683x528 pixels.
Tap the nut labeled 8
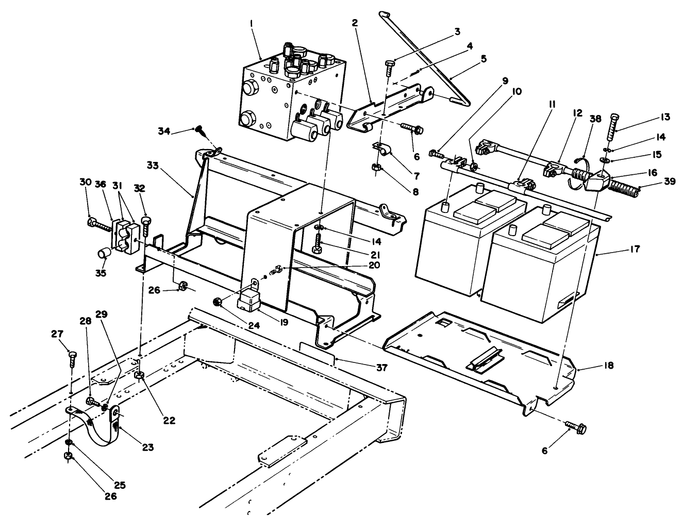[x=376, y=167]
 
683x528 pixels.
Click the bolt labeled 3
[x=390, y=67]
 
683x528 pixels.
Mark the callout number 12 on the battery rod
[x=577, y=113]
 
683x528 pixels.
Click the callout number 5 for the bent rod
[x=482, y=58]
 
